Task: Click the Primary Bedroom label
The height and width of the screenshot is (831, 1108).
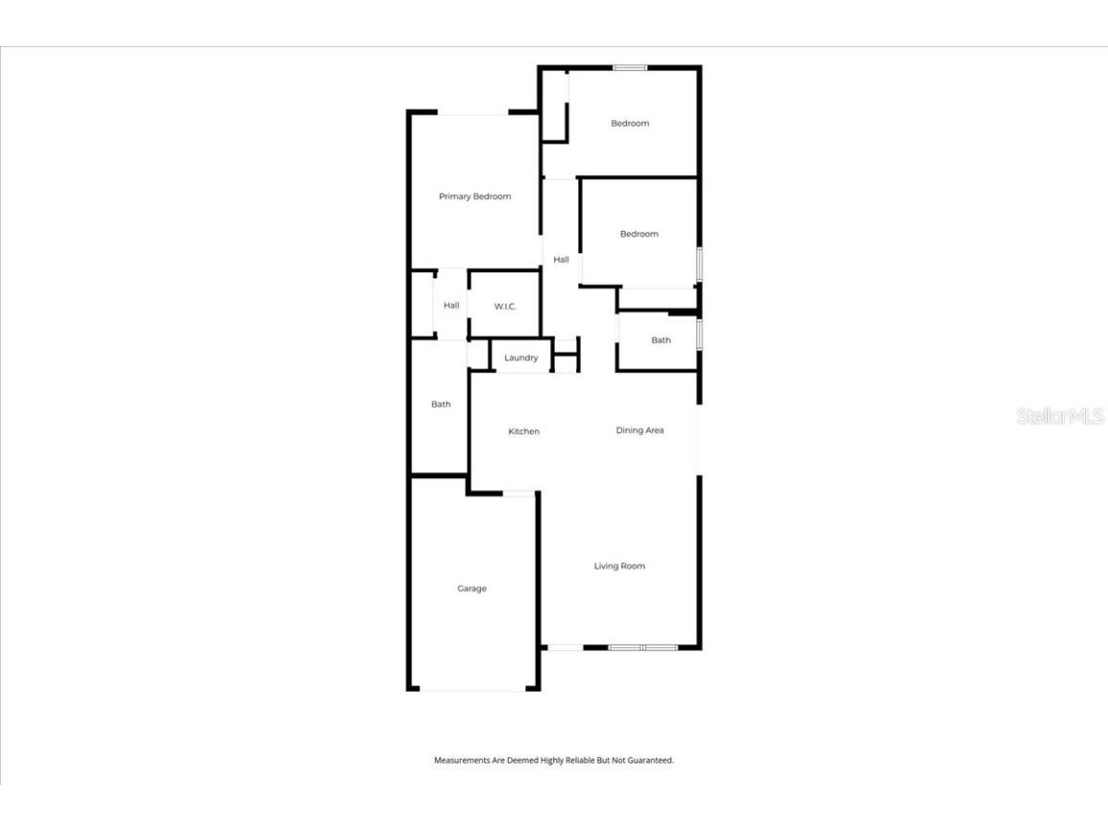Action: coord(475,197)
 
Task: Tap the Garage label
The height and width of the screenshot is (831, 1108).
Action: coord(471,589)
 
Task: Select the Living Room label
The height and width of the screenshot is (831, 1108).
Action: coord(619,567)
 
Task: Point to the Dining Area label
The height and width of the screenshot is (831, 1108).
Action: coord(641,431)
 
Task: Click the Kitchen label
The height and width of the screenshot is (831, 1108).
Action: coord(524,432)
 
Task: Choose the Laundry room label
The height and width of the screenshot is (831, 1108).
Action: coord(521,359)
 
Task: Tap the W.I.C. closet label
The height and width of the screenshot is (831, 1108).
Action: coord(506,307)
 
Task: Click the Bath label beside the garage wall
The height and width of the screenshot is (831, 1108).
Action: coord(441,405)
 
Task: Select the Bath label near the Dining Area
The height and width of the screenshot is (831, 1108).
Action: coord(661,340)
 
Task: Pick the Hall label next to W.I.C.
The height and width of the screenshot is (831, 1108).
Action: coord(451,306)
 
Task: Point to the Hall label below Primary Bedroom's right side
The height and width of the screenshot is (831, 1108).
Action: coord(562,260)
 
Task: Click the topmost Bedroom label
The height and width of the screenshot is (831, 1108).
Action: coord(630,124)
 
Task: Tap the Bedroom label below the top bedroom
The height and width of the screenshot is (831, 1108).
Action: coord(640,235)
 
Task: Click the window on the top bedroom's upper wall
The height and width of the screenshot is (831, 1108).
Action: coord(630,67)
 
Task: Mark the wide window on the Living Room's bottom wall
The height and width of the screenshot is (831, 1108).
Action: coord(643,647)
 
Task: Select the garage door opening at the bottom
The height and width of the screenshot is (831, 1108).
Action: coord(473,689)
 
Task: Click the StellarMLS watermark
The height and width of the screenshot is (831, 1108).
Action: coord(1060,416)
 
